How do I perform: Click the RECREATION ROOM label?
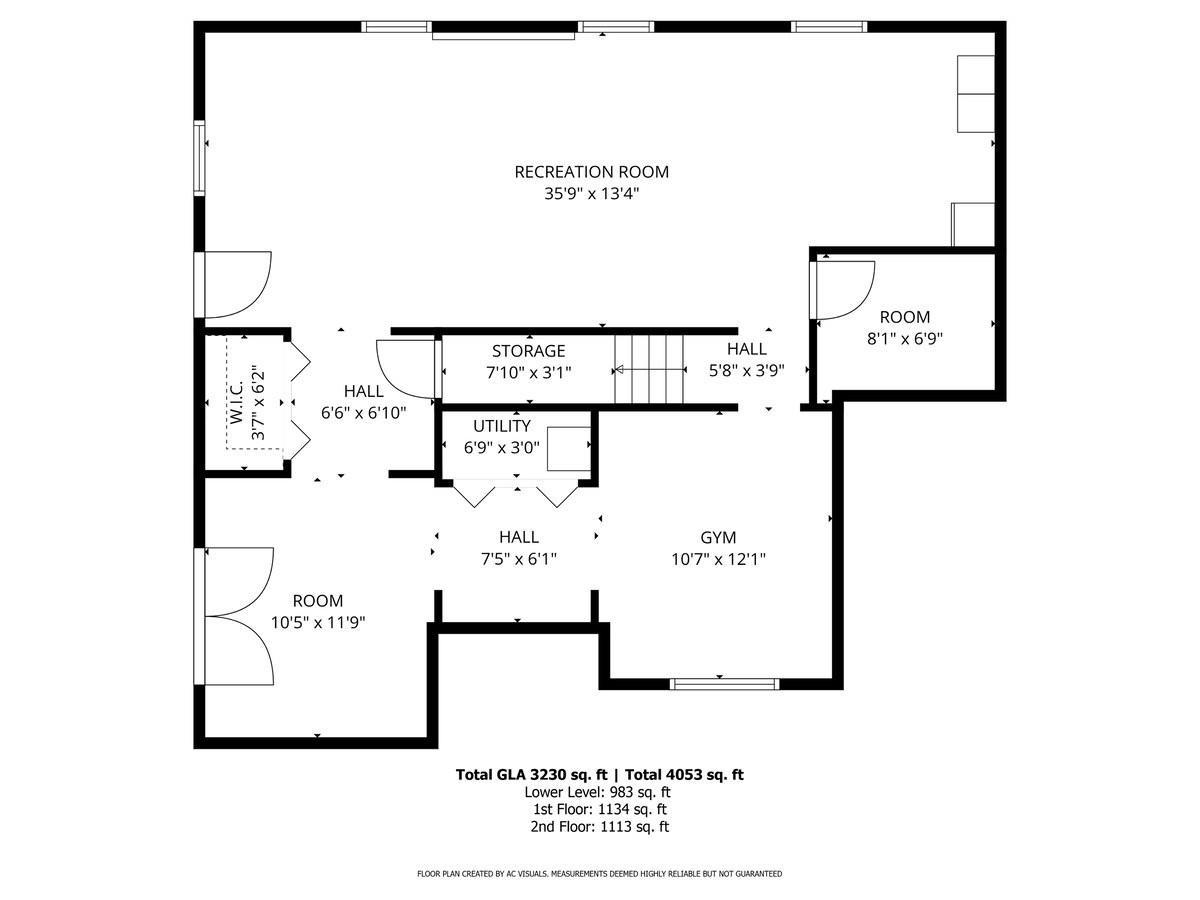coord(591,172)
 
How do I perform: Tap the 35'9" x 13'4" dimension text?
coord(591,194)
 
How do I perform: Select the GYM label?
coord(718,537)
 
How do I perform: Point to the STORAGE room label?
coord(528,351)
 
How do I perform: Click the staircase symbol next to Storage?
coord(648,369)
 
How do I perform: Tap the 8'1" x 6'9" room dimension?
coord(904,338)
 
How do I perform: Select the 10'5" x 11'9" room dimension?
coord(317,622)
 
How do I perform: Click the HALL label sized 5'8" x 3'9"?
coord(746,349)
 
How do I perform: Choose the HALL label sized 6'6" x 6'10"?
coord(363,391)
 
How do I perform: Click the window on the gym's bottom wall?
coord(724,684)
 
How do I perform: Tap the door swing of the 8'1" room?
coord(846,289)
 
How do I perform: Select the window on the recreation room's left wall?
coord(199,156)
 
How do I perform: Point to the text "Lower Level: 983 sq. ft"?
coord(599,792)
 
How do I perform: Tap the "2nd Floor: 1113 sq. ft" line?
coord(599,827)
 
